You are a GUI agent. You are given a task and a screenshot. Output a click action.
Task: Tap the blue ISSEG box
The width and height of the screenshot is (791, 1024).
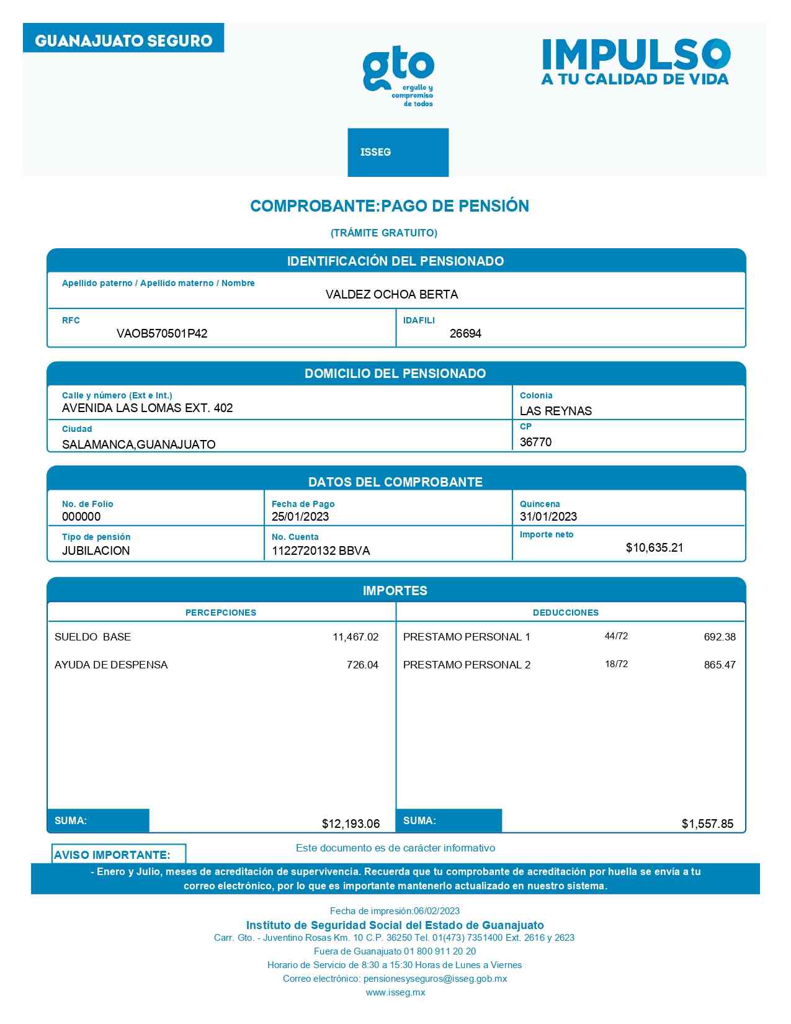click(398, 152)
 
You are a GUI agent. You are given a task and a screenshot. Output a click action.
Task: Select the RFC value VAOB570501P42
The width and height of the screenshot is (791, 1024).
click(162, 334)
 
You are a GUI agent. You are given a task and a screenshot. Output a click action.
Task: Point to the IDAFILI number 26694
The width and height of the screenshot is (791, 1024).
click(465, 334)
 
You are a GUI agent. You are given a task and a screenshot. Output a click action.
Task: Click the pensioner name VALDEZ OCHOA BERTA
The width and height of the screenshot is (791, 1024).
click(391, 295)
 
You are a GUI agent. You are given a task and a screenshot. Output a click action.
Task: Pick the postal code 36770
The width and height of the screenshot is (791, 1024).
click(535, 442)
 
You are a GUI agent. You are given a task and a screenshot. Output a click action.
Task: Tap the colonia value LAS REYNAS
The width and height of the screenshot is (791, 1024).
click(555, 411)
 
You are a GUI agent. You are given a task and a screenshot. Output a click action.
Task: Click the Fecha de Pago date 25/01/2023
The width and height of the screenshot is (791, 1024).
click(300, 516)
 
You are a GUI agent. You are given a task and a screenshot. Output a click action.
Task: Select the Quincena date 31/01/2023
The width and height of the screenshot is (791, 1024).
click(548, 516)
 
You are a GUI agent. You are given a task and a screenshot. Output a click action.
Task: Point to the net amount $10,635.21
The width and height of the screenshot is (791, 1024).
click(655, 547)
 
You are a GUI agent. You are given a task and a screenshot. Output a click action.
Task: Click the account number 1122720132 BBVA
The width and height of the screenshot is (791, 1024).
click(321, 550)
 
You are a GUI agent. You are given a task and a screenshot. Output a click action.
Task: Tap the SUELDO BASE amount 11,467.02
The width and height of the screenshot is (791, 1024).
click(355, 637)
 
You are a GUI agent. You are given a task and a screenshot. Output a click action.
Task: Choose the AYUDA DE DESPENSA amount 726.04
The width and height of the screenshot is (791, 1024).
click(362, 665)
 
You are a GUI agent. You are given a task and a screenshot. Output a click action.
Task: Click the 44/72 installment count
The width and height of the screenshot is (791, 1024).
click(616, 636)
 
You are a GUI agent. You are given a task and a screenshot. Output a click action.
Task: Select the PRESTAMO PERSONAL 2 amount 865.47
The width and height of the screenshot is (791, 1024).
click(720, 665)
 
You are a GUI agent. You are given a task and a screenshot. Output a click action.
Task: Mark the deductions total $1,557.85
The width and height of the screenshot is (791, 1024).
click(707, 824)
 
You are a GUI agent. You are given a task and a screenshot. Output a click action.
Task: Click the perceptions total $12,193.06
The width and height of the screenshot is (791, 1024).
click(351, 824)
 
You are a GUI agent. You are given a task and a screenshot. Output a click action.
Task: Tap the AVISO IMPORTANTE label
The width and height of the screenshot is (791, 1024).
click(112, 855)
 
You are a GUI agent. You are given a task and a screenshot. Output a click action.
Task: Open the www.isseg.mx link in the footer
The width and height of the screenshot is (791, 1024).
click(395, 992)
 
